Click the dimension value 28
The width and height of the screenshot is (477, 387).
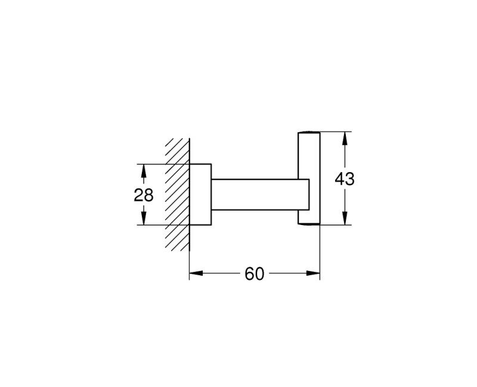(143, 195)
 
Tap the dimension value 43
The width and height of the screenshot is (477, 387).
(344, 179)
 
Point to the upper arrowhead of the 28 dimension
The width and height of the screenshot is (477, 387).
(143, 169)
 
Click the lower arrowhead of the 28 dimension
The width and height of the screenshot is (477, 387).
(143, 220)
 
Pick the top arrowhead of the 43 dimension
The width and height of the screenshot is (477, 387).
(344, 137)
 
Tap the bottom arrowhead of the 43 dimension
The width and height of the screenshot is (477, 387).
(344, 220)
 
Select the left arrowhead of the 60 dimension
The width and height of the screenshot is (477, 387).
(195, 274)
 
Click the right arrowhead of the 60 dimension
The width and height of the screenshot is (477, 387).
(315, 274)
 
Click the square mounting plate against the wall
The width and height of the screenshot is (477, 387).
(200, 195)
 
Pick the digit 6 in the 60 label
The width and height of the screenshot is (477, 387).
(249, 274)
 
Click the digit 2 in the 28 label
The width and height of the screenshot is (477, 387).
(138, 195)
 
